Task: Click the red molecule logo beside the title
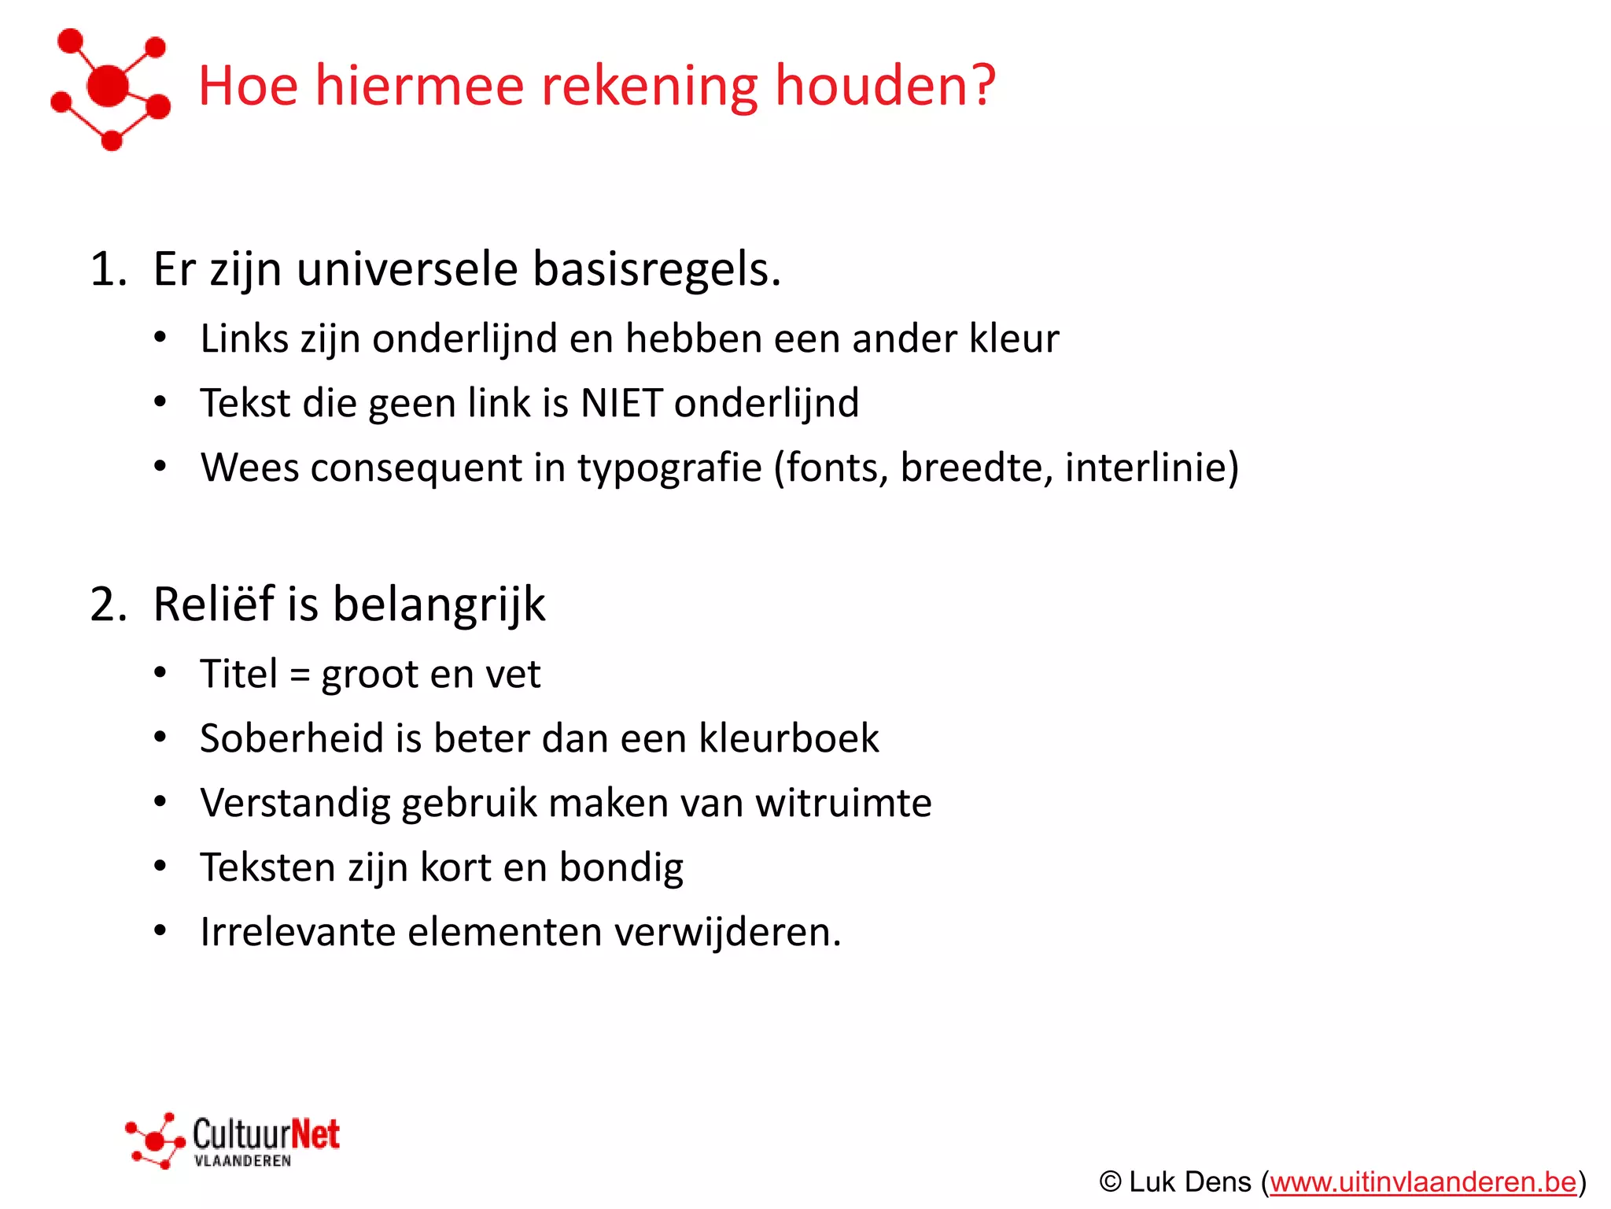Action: point(110,88)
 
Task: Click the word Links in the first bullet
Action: point(244,338)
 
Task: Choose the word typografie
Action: point(669,468)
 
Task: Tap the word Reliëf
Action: point(213,604)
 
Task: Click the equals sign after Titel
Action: point(300,675)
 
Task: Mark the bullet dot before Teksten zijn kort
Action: point(160,867)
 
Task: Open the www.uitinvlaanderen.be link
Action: point(1422,1182)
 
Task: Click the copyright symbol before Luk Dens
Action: point(1110,1182)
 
